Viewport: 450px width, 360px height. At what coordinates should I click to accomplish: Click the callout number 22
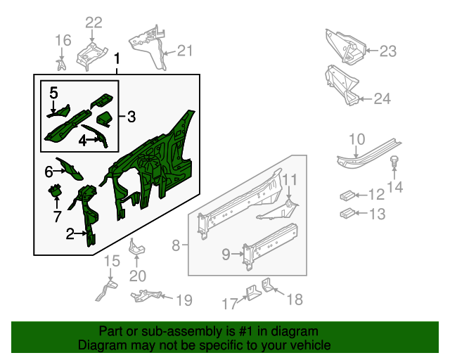[94, 22]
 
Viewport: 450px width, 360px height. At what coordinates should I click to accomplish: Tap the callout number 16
[63, 40]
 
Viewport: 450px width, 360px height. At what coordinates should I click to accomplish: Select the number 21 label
[184, 51]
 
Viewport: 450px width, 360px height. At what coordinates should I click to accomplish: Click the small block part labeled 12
[347, 195]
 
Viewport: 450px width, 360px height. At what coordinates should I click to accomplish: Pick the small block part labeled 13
[347, 213]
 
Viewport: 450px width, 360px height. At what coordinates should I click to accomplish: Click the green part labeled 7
[55, 191]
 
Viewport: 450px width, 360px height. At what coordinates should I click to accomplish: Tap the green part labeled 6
[69, 169]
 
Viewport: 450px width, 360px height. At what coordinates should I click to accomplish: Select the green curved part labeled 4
[96, 136]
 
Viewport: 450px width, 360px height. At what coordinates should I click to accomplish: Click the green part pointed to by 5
[59, 112]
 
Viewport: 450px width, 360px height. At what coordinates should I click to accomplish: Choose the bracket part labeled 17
[253, 292]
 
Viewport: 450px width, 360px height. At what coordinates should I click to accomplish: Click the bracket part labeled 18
[267, 285]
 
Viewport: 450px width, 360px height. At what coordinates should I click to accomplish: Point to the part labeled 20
[136, 247]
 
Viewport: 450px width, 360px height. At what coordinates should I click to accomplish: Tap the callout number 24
[382, 98]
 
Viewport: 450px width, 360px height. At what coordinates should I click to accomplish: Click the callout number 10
[356, 139]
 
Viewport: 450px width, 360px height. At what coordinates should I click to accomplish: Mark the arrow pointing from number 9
[238, 254]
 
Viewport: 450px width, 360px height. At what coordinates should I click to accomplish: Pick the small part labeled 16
[61, 65]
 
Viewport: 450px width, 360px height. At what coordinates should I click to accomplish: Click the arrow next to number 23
[372, 51]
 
